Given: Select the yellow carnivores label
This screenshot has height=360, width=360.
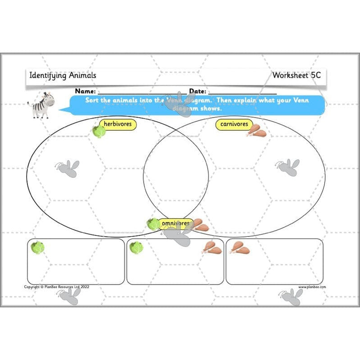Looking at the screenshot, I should [x=234, y=124].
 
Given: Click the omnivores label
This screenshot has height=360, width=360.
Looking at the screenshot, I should [x=175, y=223].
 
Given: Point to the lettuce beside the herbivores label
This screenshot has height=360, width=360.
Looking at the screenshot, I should [x=99, y=131].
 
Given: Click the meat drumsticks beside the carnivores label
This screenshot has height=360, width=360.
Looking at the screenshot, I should [x=256, y=131].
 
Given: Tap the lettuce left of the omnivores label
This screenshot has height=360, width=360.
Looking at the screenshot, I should [x=153, y=224].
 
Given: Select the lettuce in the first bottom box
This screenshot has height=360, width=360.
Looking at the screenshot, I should [x=37, y=247].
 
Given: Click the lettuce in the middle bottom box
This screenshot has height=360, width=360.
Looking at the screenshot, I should [x=135, y=247].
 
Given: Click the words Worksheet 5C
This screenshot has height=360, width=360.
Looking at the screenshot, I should [x=296, y=75].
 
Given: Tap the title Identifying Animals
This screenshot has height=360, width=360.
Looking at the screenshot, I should [x=62, y=75].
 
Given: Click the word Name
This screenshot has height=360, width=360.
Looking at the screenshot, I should [x=85, y=91].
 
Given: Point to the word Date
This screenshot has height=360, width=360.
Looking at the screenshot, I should [x=197, y=91].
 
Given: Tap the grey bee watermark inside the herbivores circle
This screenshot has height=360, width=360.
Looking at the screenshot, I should [x=68, y=167].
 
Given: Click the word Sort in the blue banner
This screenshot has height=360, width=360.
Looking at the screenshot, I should [x=92, y=100].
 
